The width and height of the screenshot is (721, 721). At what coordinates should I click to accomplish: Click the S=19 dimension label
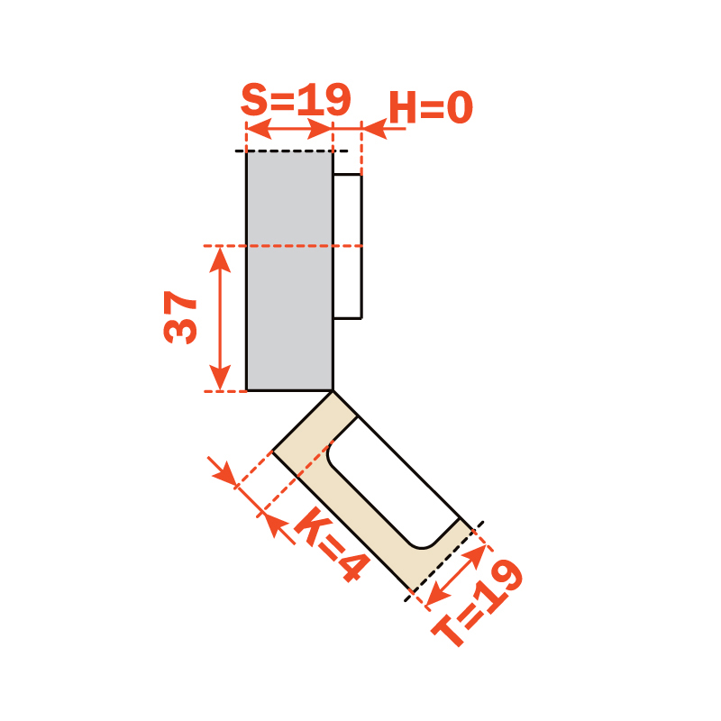pyautogui.click(x=296, y=99)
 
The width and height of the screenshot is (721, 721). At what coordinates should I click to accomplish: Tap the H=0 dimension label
pyautogui.click(x=431, y=107)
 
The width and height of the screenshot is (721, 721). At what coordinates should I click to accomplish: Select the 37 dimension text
pyautogui.click(x=180, y=317)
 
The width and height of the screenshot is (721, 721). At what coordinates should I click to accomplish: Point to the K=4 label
pyautogui.click(x=332, y=544)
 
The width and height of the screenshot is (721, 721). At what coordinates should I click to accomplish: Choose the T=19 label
pyautogui.click(x=478, y=602)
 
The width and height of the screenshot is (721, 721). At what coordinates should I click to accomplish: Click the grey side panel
pyautogui.click(x=289, y=271)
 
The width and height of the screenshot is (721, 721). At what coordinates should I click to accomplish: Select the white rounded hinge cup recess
pyautogui.click(x=394, y=483)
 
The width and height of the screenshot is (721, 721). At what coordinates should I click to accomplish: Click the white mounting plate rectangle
pyautogui.click(x=348, y=246)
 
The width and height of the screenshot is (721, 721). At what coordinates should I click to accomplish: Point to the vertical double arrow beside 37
pyautogui.click(x=220, y=319)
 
